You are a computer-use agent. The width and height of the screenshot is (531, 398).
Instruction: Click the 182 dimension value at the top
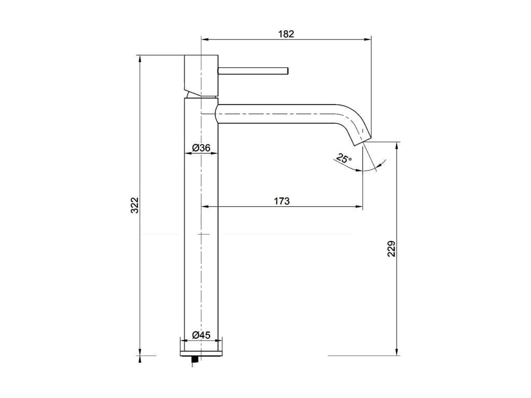286,34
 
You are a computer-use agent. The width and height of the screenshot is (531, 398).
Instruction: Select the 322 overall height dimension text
134,205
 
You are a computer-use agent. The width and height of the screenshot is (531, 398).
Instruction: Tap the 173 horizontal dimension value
281,201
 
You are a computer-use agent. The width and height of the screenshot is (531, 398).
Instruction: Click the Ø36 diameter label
201,148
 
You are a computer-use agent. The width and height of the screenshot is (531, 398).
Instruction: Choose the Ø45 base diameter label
201,335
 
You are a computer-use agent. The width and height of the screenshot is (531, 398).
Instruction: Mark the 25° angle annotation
343,159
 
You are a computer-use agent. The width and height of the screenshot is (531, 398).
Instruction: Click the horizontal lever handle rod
253,70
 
